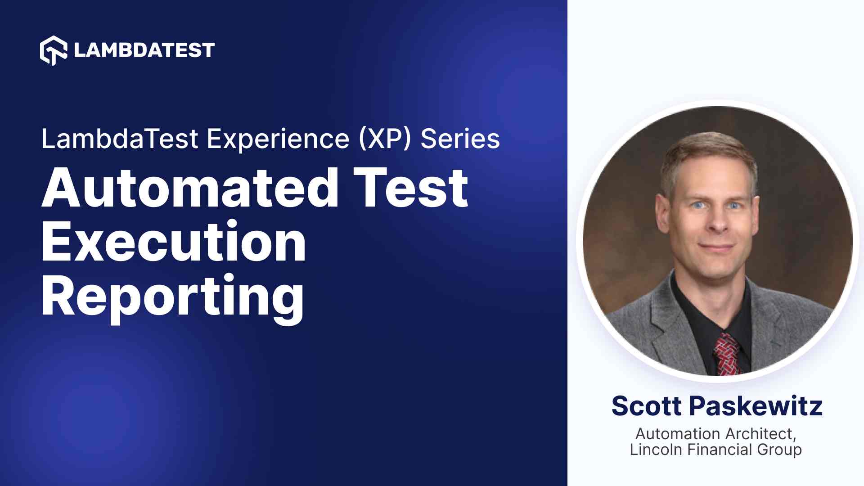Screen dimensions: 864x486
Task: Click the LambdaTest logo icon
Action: point(54,50)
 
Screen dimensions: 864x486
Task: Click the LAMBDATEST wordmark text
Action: point(144,50)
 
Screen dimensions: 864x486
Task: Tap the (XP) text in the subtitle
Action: point(385,139)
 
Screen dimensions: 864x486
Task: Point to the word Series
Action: point(460,139)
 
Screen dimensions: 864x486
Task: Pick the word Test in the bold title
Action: point(410,188)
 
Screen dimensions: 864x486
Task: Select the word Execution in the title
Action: point(174,242)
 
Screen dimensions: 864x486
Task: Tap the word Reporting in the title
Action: point(173,297)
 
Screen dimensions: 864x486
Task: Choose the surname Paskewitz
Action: point(756,406)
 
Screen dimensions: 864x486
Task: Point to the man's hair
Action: point(709,157)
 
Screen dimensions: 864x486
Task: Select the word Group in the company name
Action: point(779,450)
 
